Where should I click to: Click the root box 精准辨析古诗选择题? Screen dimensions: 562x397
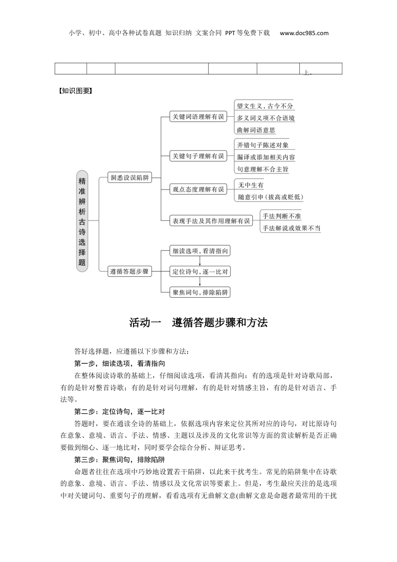coord(82,221)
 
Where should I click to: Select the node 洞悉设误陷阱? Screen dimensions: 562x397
coord(129,178)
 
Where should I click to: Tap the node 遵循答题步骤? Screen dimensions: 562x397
coord(129,271)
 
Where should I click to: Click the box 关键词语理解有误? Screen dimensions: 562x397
coord(198,117)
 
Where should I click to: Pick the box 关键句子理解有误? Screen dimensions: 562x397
coord(198,156)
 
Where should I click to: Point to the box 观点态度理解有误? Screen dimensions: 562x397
coord(198,189)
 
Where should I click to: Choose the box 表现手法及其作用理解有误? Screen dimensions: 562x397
coord(211,221)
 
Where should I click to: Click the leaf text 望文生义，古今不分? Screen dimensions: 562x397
coord(265,106)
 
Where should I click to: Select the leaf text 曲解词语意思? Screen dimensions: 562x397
coord(256,130)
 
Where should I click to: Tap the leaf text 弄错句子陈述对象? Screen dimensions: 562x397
coord(262,145)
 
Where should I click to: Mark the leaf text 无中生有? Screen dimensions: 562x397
coord(251,185)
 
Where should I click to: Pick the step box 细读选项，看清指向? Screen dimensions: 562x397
coord(200,251)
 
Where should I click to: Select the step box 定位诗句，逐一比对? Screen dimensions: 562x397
coord(200,271)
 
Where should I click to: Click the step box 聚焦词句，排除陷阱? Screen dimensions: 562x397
coord(200,292)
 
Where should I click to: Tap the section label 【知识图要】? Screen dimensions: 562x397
coord(75,91)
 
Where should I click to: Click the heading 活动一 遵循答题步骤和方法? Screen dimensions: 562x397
coord(198,323)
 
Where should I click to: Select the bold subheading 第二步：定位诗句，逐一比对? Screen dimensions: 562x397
coord(120,412)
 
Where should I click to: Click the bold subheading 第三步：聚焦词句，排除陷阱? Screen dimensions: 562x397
coord(120,460)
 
